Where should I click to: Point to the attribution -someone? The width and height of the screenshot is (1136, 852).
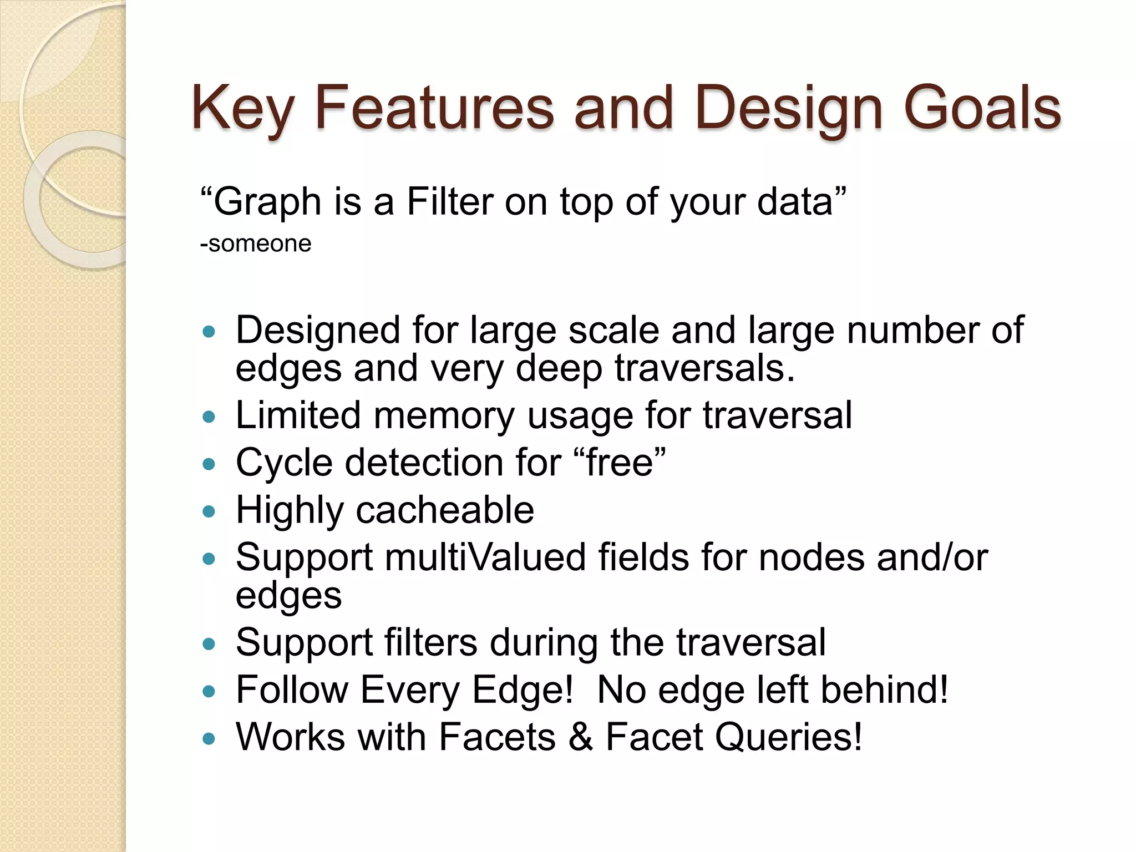[256, 244]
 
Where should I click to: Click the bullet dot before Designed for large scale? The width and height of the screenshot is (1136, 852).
[209, 332]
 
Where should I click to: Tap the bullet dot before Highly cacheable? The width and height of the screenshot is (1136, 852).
[209, 511]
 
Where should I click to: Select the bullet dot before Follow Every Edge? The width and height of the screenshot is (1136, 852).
[209, 691]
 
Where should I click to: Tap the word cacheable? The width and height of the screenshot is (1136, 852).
[444, 510]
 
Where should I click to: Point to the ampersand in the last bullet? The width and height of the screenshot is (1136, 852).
[580, 737]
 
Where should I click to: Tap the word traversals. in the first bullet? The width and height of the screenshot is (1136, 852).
[704, 368]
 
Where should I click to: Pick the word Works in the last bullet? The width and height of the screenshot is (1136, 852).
[290, 737]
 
